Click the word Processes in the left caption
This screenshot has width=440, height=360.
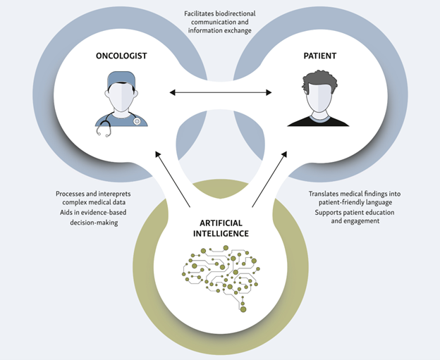pyautogui.click(x=73, y=194)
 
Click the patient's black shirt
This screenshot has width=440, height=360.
pyautogui.click(x=318, y=120)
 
